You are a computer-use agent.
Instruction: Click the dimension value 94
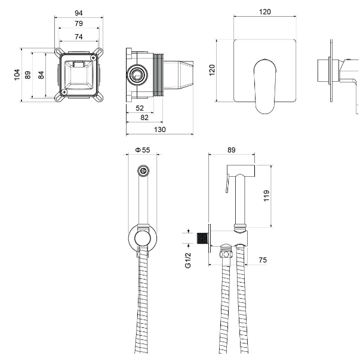(79, 13)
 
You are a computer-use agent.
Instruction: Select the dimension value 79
(79, 23)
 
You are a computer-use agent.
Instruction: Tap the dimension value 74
(79, 36)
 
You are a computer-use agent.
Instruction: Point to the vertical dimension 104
(17, 75)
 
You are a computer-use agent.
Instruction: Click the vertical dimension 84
(41, 75)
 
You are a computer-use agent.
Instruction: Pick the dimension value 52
(140, 108)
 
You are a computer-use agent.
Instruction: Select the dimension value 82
(144, 118)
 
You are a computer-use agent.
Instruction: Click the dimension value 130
(159, 130)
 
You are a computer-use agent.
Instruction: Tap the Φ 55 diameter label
(142, 150)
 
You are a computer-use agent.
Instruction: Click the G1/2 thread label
(188, 260)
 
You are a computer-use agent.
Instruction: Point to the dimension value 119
(266, 196)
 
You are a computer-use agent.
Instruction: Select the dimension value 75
(263, 260)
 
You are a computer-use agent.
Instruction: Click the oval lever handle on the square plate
(264, 87)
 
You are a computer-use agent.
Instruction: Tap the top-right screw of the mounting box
(94, 57)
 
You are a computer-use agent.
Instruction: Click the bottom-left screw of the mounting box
(64, 92)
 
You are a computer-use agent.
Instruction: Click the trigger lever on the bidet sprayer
(227, 183)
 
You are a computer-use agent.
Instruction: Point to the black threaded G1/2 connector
(203, 238)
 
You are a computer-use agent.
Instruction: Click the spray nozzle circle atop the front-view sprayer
(143, 171)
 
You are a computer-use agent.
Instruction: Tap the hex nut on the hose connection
(226, 254)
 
